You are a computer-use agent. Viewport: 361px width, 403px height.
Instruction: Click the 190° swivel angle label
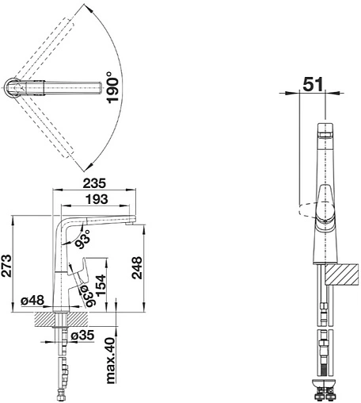pyautogui.click(x=112, y=87)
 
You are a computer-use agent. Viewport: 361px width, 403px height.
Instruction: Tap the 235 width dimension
pyautogui.click(x=94, y=183)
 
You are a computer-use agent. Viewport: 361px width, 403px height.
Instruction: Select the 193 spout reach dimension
pyautogui.click(x=97, y=199)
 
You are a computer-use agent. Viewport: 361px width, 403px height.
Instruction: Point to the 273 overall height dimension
pyautogui.click(x=6, y=266)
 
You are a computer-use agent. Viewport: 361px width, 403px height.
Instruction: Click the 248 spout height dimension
pyautogui.click(x=137, y=267)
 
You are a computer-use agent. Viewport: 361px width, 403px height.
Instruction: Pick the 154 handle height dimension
pyautogui.click(x=101, y=286)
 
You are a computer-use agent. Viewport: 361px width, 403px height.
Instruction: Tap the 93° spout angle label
pyautogui.click(x=82, y=239)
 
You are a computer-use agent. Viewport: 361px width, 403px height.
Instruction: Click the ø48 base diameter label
pyautogui.click(x=32, y=301)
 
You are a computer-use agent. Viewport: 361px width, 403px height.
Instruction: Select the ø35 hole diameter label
pyautogui.click(x=82, y=336)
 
